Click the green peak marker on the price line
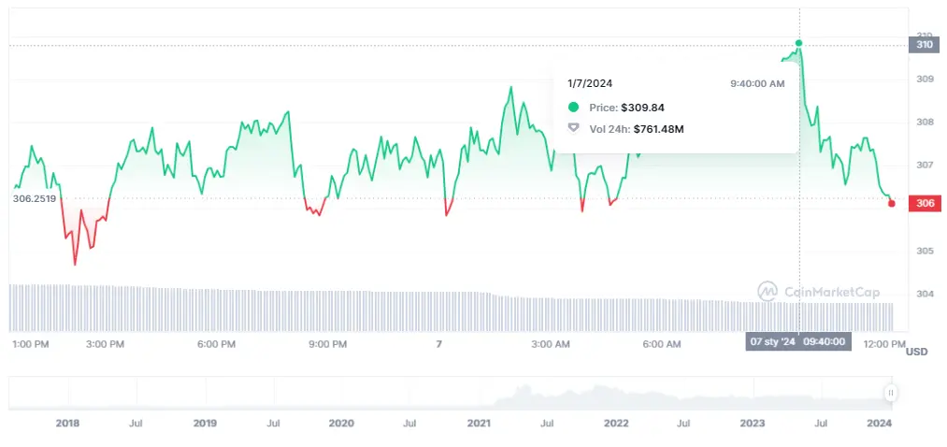coord(798,43)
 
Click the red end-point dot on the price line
coord(891,203)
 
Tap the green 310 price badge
coord(925,44)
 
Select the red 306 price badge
coord(925,204)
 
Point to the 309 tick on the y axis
coord(924,79)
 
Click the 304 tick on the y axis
coord(924,294)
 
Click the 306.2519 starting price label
coord(35,198)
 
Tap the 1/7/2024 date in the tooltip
coord(590,83)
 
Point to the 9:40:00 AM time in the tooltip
coord(757,83)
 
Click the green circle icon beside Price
coord(573,108)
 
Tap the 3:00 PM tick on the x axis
coord(105,344)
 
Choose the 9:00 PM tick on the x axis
coord(327,344)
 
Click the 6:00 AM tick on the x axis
coord(661,344)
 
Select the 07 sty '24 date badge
coord(772,341)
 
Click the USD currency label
coord(917,352)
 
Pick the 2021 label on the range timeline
coord(479,423)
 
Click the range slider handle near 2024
coord(891,394)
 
